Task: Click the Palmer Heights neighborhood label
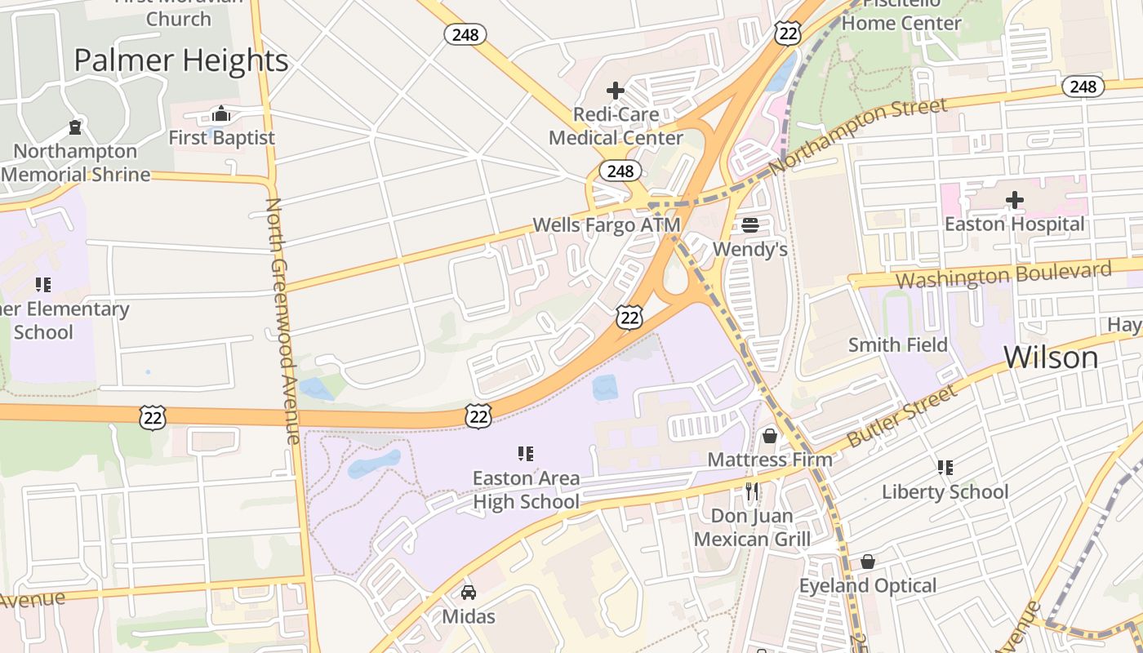click(181, 60)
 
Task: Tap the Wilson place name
click(1051, 357)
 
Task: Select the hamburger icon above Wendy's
click(750, 225)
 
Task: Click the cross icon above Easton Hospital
click(1014, 200)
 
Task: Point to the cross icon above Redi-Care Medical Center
click(616, 91)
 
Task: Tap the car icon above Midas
click(469, 592)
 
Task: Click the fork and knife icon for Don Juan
click(752, 491)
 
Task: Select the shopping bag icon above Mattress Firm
click(769, 436)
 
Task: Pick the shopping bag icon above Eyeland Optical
click(868, 562)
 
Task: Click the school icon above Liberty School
click(945, 468)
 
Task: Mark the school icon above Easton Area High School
click(526, 453)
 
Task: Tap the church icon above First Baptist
click(221, 113)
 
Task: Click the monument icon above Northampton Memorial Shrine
click(75, 127)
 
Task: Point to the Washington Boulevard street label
click(1003, 275)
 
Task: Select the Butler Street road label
click(901, 416)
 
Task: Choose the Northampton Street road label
click(859, 135)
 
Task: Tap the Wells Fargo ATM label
click(606, 224)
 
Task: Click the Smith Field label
click(898, 344)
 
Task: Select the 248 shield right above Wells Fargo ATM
click(620, 171)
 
